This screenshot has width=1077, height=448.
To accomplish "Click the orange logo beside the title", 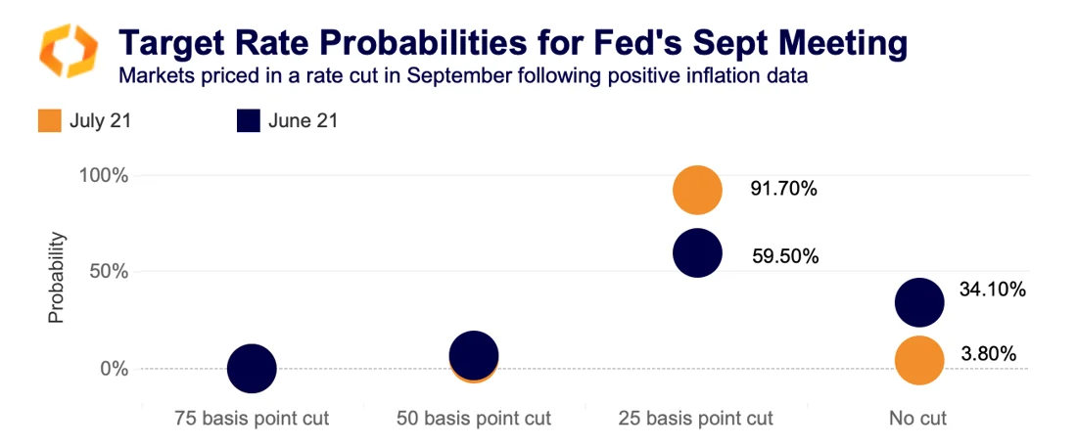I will point(68,52).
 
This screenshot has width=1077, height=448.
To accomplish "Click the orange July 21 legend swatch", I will point(49,121).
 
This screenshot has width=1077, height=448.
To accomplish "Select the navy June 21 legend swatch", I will point(249,121).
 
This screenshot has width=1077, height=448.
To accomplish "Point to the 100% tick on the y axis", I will point(105,176).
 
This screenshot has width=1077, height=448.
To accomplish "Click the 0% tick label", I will point(115,369).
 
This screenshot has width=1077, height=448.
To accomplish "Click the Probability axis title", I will point(57,277).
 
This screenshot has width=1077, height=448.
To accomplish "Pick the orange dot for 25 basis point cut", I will point(697,190).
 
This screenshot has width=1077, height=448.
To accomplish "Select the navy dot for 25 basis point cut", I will point(697,254).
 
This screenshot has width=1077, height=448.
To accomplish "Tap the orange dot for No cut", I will point(919,360).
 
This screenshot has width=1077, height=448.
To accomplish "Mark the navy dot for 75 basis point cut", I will point(252,369).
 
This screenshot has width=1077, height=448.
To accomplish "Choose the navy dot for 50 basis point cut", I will point(474,355).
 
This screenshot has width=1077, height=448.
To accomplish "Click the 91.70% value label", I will point(783,190).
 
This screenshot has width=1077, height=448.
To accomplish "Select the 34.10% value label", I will point(992,290).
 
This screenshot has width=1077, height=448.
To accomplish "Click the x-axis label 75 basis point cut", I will point(252,419).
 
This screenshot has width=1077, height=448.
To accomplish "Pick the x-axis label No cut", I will point(918,419).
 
